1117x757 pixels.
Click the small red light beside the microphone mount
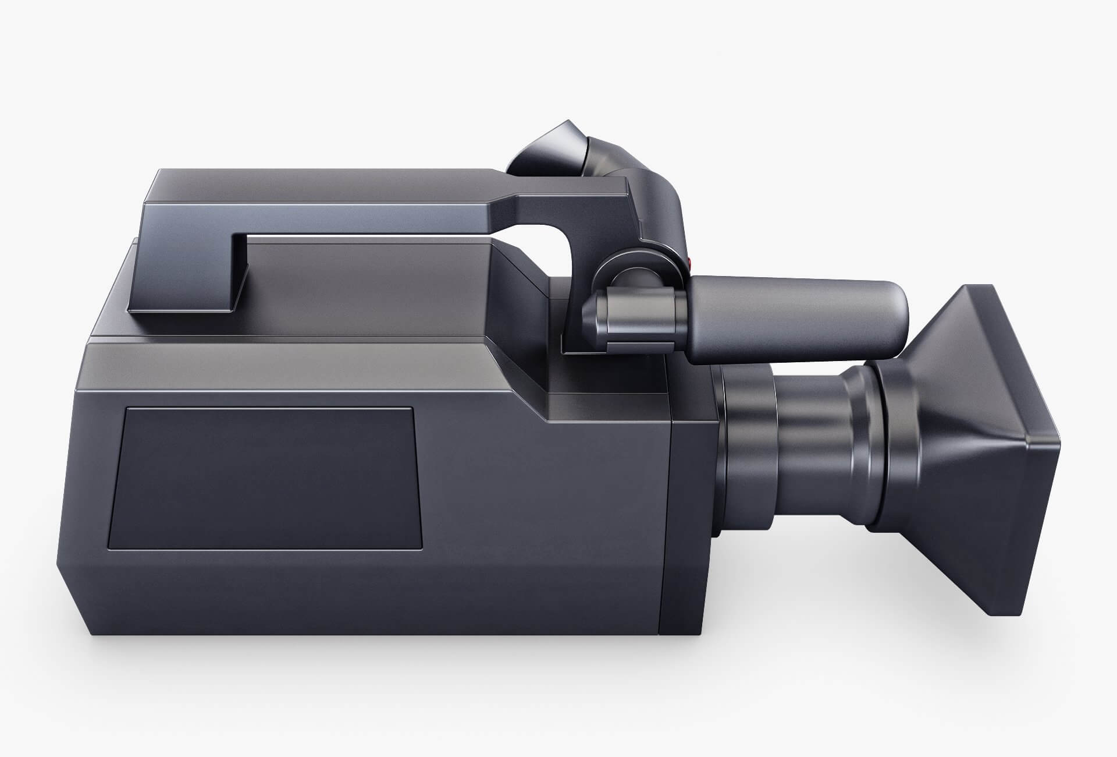[x=690, y=264]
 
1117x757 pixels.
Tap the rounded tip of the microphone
[x=899, y=314]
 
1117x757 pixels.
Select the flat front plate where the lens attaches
[x=686, y=524]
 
